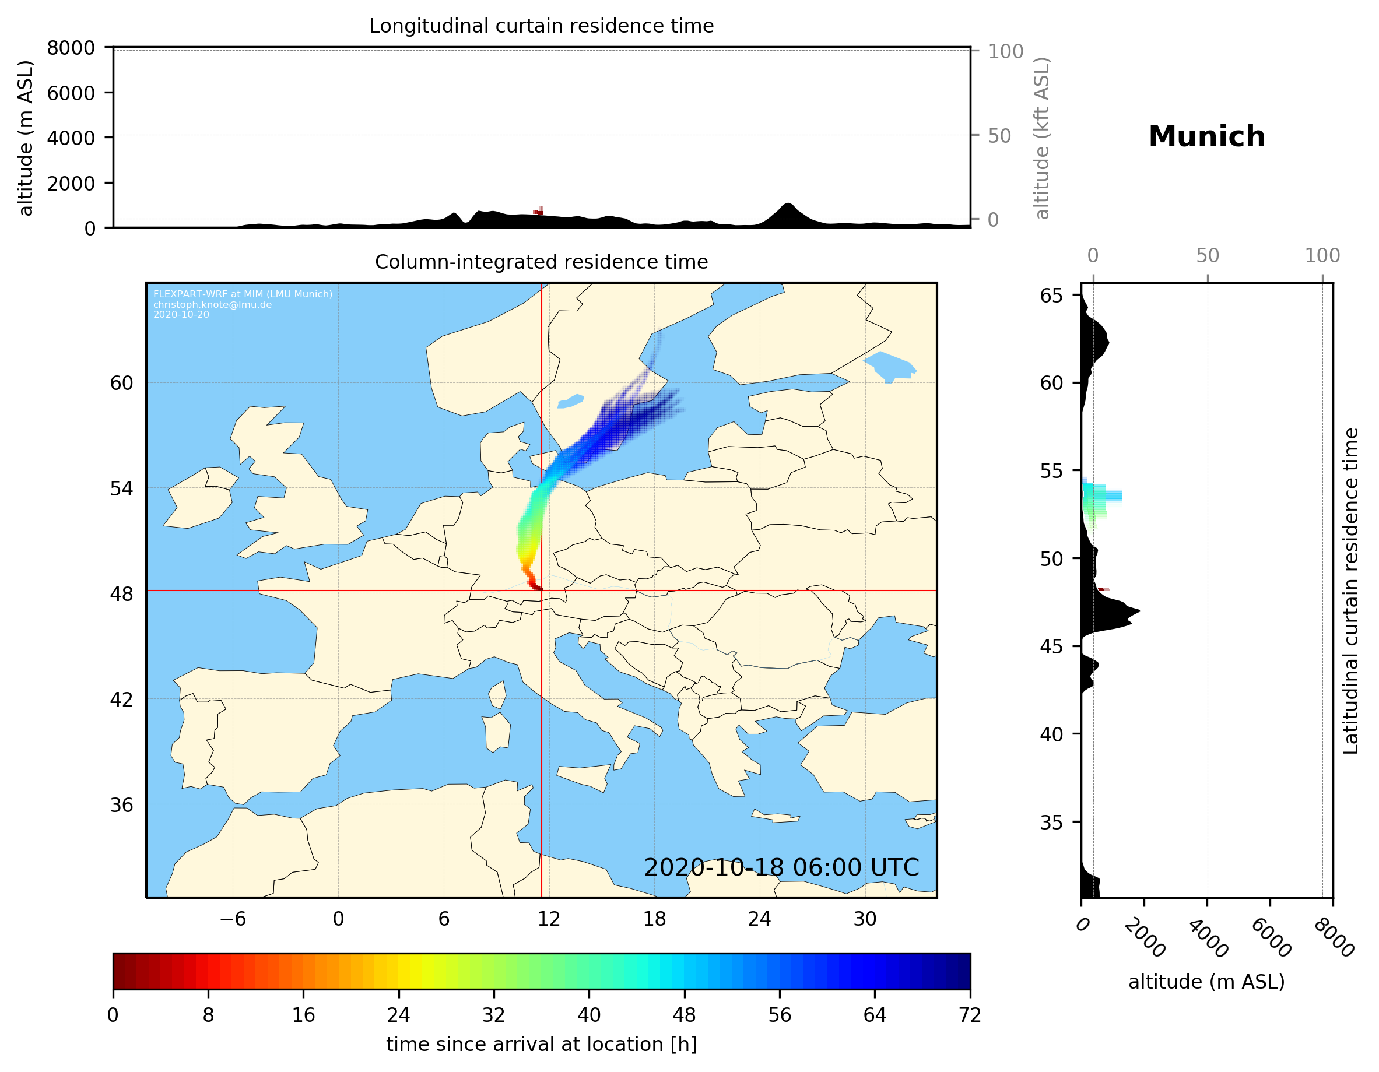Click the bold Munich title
point(1206,137)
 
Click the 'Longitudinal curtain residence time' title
point(541,26)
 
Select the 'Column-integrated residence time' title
point(541,262)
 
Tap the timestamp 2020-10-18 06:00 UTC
point(781,867)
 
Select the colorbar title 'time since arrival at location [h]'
point(541,1044)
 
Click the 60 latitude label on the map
point(121,383)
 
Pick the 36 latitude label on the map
point(121,805)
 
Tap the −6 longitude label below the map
point(232,919)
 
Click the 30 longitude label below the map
point(864,919)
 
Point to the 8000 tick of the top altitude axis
point(71,48)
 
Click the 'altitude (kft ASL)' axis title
point(1041,138)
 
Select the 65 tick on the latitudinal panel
point(1051,296)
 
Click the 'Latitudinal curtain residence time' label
point(1350,591)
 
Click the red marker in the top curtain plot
point(539,211)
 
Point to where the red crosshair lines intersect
point(542,591)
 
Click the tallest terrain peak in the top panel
point(787,205)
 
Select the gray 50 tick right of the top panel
point(999,136)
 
